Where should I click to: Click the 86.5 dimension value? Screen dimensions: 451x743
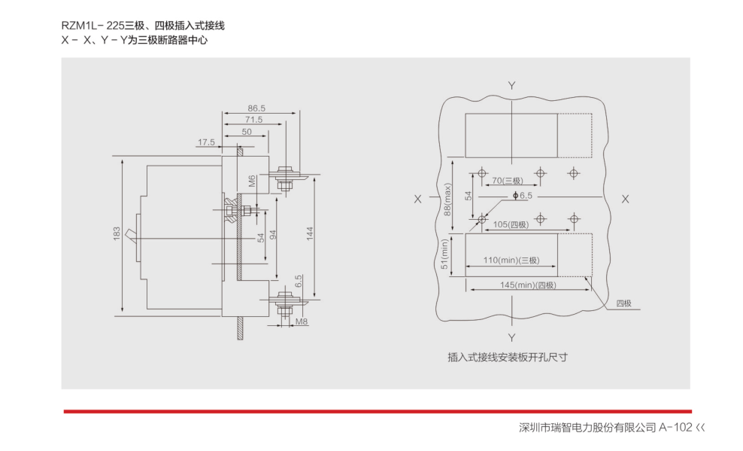pyautogui.click(x=256, y=108)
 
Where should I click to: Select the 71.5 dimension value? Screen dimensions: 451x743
pyautogui.click(x=253, y=120)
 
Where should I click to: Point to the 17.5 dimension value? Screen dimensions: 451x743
pyautogui.click(x=207, y=142)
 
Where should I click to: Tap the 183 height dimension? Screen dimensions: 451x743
pyautogui.click(x=117, y=235)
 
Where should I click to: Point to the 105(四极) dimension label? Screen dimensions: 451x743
pyautogui.click(x=511, y=224)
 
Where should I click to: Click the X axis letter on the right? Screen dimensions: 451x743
pyautogui.click(x=624, y=199)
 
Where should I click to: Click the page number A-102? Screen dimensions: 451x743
pyautogui.click(x=675, y=428)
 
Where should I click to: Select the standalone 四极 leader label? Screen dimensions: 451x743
pyautogui.click(x=624, y=303)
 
